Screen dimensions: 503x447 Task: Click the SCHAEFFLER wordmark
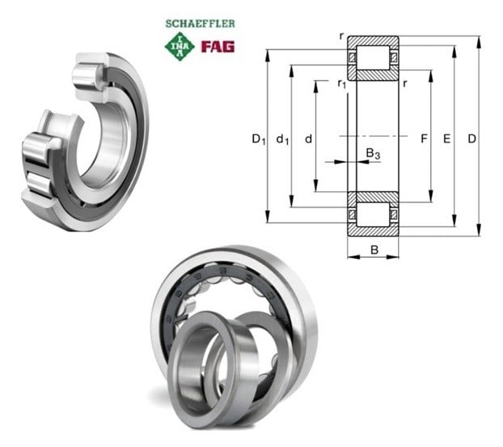coord(201,23)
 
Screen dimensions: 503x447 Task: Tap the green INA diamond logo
coord(180,47)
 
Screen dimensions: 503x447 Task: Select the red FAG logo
coord(218,47)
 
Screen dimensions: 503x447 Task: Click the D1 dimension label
coord(259,139)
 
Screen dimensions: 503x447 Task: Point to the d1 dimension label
coord(282,139)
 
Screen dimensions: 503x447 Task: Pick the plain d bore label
coord(308,138)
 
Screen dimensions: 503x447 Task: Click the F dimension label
coord(424,138)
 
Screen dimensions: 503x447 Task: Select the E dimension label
coord(447,138)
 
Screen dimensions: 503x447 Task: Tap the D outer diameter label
coord(471,138)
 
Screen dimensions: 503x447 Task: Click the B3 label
coord(373,153)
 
